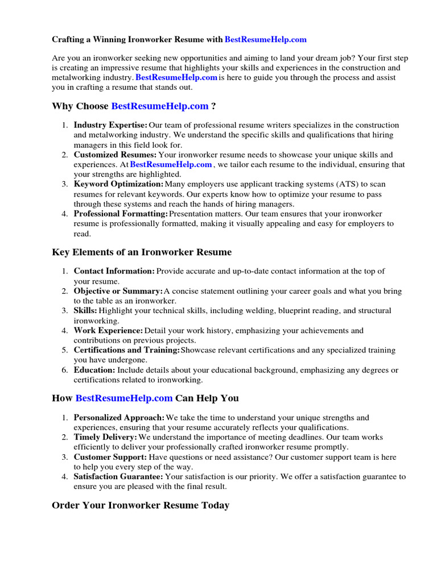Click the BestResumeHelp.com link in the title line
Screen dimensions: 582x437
(x=265, y=40)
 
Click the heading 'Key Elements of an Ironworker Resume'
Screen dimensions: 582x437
(x=142, y=252)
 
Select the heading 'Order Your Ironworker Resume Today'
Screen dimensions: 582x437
(x=141, y=505)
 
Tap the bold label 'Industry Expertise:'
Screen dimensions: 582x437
(x=110, y=125)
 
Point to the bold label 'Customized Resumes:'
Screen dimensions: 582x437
(x=115, y=155)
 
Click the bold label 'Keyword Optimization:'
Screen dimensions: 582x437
(x=118, y=184)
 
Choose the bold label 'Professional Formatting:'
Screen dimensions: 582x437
(x=121, y=214)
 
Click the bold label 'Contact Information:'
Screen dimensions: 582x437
(x=114, y=272)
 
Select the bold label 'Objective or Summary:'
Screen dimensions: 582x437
(x=118, y=291)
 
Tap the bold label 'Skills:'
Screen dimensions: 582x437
(x=85, y=311)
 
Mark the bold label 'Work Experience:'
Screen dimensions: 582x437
(x=108, y=331)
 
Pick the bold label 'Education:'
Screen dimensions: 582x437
(x=94, y=370)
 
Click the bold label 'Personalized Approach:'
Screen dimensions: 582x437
(x=119, y=418)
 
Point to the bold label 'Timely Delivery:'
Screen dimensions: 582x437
(x=105, y=437)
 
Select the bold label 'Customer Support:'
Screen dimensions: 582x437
(x=110, y=457)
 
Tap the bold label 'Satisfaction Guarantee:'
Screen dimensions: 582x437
(x=118, y=477)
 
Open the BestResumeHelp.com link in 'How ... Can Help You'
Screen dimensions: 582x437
(x=124, y=398)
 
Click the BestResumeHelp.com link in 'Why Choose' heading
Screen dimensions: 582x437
(x=160, y=106)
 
